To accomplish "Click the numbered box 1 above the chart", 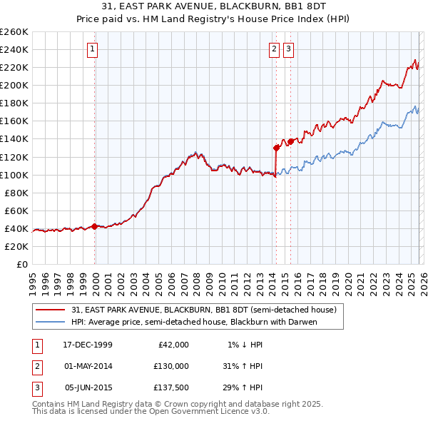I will click(94, 49).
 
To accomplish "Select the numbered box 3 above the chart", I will click(288, 49).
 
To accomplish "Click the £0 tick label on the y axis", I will click(21, 264).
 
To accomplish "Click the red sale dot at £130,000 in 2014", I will click(276, 148).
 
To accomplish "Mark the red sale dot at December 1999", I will click(95, 226).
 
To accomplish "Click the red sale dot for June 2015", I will click(290, 141).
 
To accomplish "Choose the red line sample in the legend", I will click(51, 310).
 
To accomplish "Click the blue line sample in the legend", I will click(51, 322).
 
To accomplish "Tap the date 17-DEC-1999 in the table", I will click(88, 344).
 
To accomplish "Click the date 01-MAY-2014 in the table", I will click(88, 366).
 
